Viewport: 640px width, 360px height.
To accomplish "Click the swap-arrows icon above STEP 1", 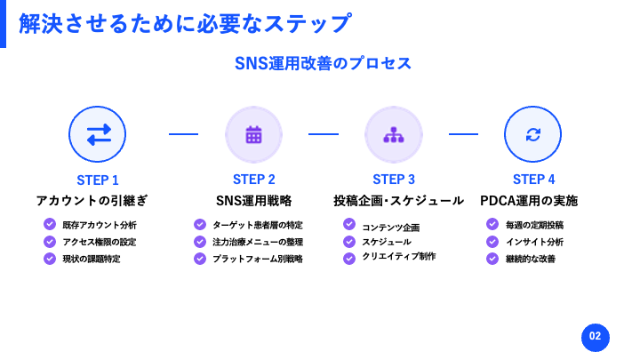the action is click(99, 134).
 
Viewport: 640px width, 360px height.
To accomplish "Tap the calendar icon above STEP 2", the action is click(253, 135).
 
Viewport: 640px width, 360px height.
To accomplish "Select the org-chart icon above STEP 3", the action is click(394, 135).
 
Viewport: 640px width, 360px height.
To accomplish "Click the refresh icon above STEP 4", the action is click(533, 134).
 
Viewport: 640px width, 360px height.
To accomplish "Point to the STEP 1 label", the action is click(98, 180).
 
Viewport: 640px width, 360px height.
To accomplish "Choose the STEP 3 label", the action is click(394, 180).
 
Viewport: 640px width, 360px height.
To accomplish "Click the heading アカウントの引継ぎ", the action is click(92, 200).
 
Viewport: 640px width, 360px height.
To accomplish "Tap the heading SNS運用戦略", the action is click(254, 200).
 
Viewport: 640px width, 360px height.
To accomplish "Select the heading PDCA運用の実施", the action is click(529, 200).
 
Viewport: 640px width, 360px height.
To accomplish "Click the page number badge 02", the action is click(595, 338).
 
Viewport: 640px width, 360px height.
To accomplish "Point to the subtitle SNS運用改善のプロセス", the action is click(323, 63).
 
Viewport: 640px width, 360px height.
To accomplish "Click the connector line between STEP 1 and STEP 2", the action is click(183, 134).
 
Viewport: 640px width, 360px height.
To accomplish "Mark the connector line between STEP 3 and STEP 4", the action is click(463, 134).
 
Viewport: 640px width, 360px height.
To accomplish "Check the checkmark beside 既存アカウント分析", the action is click(50, 224).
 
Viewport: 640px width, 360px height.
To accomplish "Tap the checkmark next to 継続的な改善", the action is click(492, 259).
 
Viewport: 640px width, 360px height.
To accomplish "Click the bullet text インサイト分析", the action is click(535, 242).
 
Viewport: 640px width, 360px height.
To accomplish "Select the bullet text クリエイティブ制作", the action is click(399, 256).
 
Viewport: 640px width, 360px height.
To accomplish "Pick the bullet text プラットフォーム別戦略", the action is click(258, 259).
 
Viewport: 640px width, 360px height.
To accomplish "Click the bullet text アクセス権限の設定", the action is click(100, 242).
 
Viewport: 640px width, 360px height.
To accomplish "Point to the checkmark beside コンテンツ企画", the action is click(349, 224).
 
